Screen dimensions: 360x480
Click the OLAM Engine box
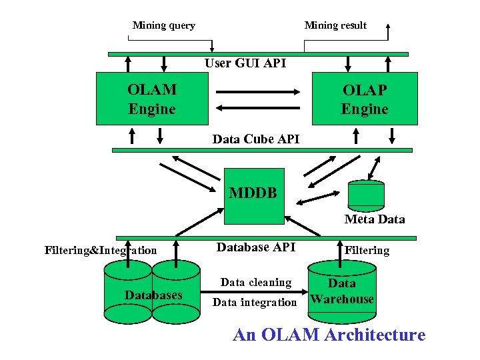click(x=152, y=99)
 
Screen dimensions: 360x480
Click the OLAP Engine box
click(x=365, y=99)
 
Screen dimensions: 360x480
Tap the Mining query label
click(x=163, y=25)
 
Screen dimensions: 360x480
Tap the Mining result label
click(x=335, y=25)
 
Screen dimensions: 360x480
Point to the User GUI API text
click(x=245, y=63)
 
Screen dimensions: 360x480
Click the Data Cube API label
click(x=256, y=139)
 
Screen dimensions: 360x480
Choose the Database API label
click(x=256, y=247)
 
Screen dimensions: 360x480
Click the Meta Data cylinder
click(x=366, y=195)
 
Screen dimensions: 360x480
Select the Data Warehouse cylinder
click(x=342, y=291)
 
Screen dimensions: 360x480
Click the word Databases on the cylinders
click(x=153, y=295)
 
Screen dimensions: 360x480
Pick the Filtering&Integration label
click(x=101, y=251)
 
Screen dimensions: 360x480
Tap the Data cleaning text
click(x=256, y=282)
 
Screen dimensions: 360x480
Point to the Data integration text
click(x=255, y=303)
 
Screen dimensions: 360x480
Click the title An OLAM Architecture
click(x=329, y=335)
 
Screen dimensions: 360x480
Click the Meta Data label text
click(x=374, y=219)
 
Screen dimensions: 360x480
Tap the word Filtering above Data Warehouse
click(x=367, y=251)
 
